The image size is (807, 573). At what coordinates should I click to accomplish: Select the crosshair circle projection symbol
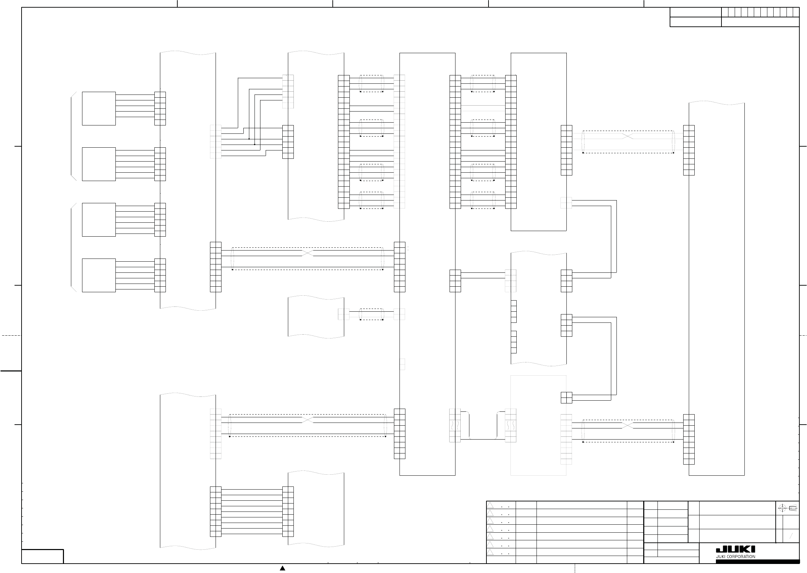pyautogui.click(x=782, y=508)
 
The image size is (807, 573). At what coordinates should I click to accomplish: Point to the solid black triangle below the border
pyautogui.click(x=282, y=568)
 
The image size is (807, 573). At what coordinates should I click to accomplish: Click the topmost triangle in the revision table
pyautogui.click(x=490, y=505)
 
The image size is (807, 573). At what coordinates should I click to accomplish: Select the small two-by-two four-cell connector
pyautogui.click(x=566, y=398)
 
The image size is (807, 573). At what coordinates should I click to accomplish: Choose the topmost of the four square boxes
pyautogui.click(x=99, y=109)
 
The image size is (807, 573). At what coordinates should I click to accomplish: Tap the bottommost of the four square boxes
pyautogui.click(x=99, y=275)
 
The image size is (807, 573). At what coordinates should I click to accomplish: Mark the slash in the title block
pyautogui.click(x=791, y=536)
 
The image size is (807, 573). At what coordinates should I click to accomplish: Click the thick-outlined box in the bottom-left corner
pyautogui.click(x=42, y=556)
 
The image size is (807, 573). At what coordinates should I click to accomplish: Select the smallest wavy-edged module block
pyautogui.click(x=316, y=317)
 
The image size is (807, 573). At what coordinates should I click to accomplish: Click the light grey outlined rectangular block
pyautogui.click(x=538, y=425)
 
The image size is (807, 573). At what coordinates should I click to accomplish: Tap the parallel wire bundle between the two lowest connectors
pyautogui.click(x=252, y=511)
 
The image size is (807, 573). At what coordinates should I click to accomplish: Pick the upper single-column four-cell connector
pyautogui.click(x=514, y=312)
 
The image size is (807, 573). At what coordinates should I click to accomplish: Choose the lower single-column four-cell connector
pyautogui.click(x=514, y=342)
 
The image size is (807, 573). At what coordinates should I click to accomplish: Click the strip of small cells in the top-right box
pyautogui.click(x=760, y=12)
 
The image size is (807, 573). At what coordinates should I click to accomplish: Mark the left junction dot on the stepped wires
pyautogui.click(x=249, y=139)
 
